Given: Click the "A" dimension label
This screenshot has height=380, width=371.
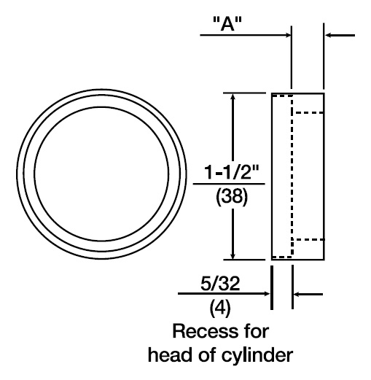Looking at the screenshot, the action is (x=227, y=23).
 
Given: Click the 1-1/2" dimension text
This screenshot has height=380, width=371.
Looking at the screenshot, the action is (x=232, y=172).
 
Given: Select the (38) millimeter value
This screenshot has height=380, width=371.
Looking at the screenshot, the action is (x=232, y=197).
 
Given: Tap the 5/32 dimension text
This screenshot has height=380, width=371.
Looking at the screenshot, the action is (x=220, y=283).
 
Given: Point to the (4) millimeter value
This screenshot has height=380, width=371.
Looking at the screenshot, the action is (x=220, y=308).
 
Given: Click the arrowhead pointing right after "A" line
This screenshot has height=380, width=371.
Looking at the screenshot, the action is (x=288, y=35).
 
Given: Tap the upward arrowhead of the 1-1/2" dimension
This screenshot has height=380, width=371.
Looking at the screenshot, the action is (x=233, y=97).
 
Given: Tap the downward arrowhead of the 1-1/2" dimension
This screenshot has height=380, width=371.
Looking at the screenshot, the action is (x=233, y=255).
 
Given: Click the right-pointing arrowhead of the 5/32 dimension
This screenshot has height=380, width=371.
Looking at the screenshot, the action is (x=267, y=294).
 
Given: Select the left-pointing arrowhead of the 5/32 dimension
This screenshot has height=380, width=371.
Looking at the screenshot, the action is (x=297, y=294).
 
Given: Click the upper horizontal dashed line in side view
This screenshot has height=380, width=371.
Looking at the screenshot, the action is (x=309, y=112).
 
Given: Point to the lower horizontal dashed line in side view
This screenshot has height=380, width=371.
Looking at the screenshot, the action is (x=309, y=239).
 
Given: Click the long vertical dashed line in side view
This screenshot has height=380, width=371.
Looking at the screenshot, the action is (x=292, y=177).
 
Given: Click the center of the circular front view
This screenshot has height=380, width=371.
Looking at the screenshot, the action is (x=101, y=174).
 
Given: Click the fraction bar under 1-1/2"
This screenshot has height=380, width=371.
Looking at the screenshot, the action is (x=229, y=184).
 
